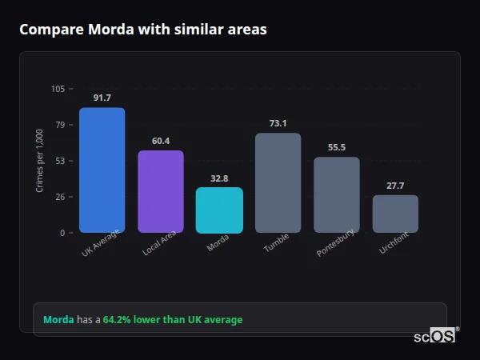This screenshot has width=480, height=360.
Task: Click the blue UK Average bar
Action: pos(102,170)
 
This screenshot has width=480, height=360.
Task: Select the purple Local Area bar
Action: pos(160,191)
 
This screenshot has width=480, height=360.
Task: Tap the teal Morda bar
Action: pos(219,210)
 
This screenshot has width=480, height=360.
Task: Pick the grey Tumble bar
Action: pos(278,182)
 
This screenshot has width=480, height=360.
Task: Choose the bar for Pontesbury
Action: pos(336,194)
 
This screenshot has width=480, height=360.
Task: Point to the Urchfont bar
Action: pos(395,214)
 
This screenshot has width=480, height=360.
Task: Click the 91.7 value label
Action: pos(102,98)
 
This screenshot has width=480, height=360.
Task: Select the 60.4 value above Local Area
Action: pos(160,142)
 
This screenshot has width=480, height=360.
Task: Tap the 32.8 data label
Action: pos(219,178)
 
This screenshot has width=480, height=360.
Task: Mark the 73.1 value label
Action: pos(278,124)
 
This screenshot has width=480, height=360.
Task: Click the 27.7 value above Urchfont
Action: pos(395,186)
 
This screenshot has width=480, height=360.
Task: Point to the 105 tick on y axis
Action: pos(58,89)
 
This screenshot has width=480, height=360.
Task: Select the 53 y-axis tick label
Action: pos(60,161)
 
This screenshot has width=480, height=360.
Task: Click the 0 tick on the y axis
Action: pos(62,233)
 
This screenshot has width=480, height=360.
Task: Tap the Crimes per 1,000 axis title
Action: pos(40,161)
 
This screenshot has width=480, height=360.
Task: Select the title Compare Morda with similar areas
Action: pos(142,30)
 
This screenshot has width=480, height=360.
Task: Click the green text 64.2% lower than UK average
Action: pos(172,320)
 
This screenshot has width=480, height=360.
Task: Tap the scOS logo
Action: pos(434,336)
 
